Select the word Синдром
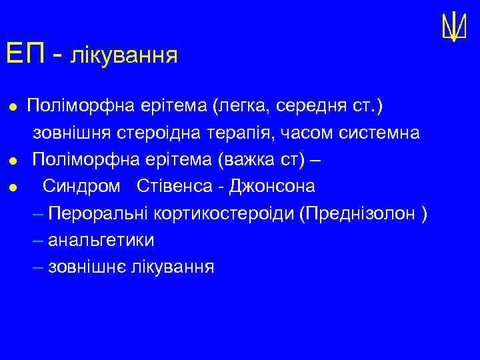pos(82,186)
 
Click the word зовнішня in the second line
pos(72,133)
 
